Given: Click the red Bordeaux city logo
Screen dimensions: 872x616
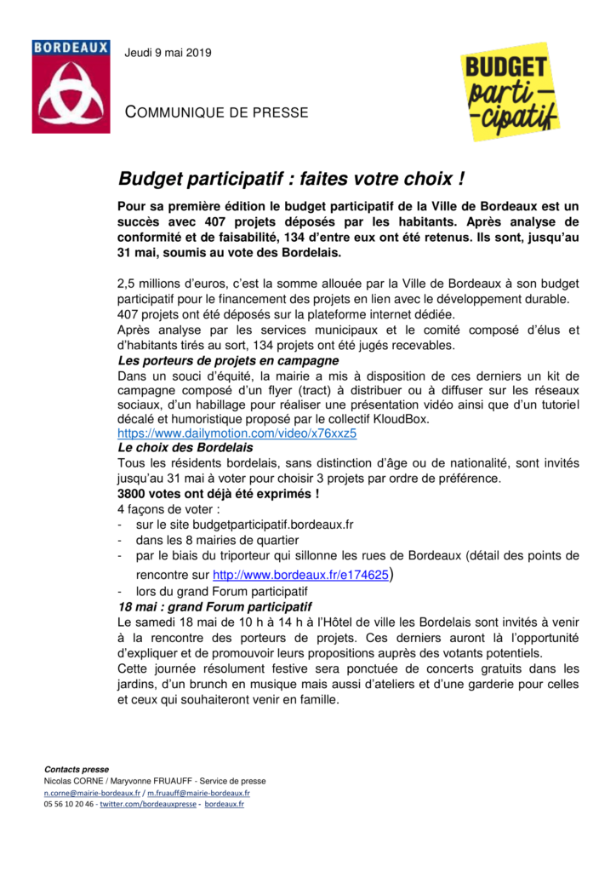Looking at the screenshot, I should tap(71, 86).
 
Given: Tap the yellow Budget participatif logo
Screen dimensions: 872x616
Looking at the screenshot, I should tap(510, 91).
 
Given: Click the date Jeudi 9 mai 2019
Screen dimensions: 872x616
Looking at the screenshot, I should tap(168, 53).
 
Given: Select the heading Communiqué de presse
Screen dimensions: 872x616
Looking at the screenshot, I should tap(216, 112).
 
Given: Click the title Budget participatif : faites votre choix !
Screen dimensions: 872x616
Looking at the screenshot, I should tap(291, 180).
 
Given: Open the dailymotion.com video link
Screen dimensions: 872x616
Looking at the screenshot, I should tap(237, 433).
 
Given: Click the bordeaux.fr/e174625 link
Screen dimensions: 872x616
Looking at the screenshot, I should tap(300, 575).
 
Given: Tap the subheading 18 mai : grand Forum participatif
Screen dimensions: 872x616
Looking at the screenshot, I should tap(214, 607).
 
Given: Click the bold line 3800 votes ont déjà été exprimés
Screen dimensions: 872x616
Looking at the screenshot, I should tap(219, 493).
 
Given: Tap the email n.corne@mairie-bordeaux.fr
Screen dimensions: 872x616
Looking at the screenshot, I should tap(93, 792).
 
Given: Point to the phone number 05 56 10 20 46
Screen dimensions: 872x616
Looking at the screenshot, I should tap(69, 804).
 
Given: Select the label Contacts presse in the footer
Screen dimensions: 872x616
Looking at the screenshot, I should tap(77, 769).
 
